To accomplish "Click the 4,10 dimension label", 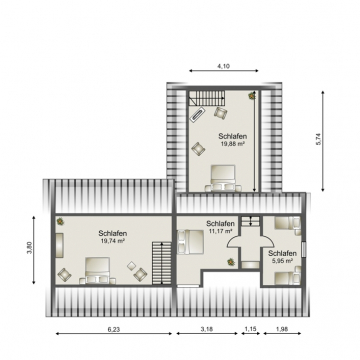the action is click(x=224, y=66).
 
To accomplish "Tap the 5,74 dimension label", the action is click(x=318, y=139).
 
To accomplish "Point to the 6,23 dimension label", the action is click(x=114, y=329).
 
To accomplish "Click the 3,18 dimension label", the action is click(x=207, y=329).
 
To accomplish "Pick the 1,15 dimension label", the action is click(x=251, y=329).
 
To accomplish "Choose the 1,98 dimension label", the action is click(x=282, y=329).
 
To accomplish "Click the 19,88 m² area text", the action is click(x=233, y=144).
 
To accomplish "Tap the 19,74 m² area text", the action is click(x=112, y=240).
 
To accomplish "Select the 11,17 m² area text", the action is click(x=220, y=231).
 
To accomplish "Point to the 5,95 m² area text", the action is click(x=282, y=261).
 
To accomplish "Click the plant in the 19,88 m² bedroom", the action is click(x=252, y=96).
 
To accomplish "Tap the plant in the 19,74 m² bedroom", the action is click(x=60, y=221).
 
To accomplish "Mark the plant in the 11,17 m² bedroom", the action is click(x=231, y=262).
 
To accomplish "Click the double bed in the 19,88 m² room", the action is click(x=223, y=178).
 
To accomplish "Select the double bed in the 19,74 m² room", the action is click(x=97, y=270).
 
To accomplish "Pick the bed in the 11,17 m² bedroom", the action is click(x=190, y=242).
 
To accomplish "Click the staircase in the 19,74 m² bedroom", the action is click(x=162, y=263).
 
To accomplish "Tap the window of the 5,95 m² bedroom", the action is click(x=303, y=249).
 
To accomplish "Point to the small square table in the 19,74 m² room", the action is click(x=131, y=266).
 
